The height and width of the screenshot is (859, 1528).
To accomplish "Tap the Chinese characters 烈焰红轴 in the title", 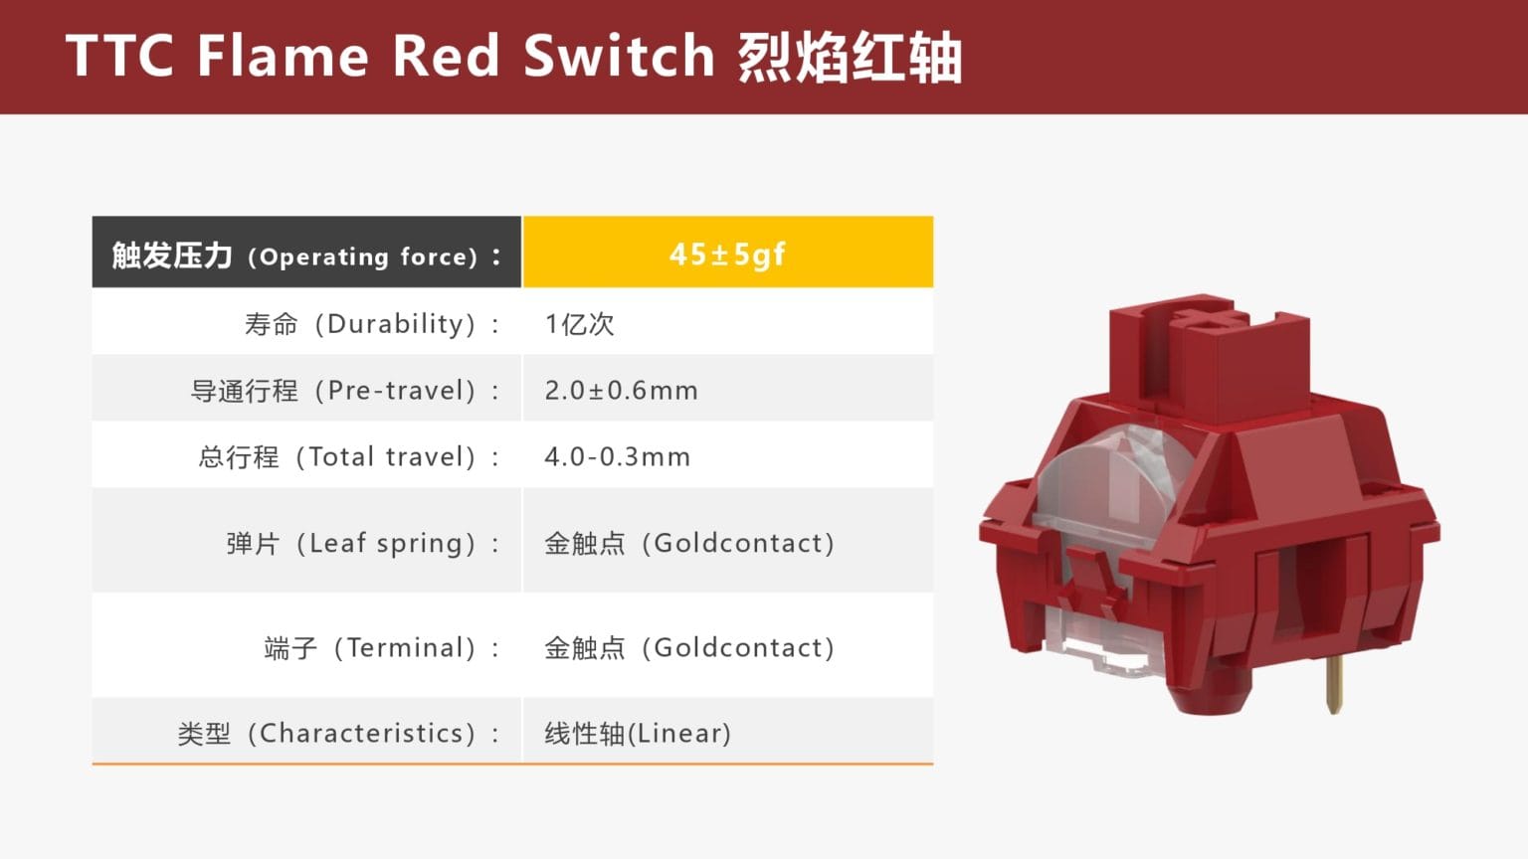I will coord(850,57).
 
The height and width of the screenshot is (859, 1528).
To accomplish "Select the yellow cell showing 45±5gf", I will coord(727,254).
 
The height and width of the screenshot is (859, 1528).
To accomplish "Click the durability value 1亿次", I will coord(580,324).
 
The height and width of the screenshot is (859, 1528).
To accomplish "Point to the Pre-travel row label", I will coord(344,391).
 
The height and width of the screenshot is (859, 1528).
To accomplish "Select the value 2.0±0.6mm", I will coord(622,391).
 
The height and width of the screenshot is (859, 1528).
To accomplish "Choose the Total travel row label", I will coord(348,457).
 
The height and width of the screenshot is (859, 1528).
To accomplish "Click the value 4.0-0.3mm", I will coord(617,457).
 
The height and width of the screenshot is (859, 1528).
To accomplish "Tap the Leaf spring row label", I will coord(362,544).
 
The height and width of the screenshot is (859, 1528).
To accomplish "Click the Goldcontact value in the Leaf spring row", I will coord(689,544).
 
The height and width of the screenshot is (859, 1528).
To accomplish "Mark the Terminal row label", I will coord(381,648).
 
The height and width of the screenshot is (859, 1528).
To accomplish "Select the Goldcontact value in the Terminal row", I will coord(689,648).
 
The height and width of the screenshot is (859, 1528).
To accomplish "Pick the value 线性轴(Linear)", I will coord(638,734).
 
